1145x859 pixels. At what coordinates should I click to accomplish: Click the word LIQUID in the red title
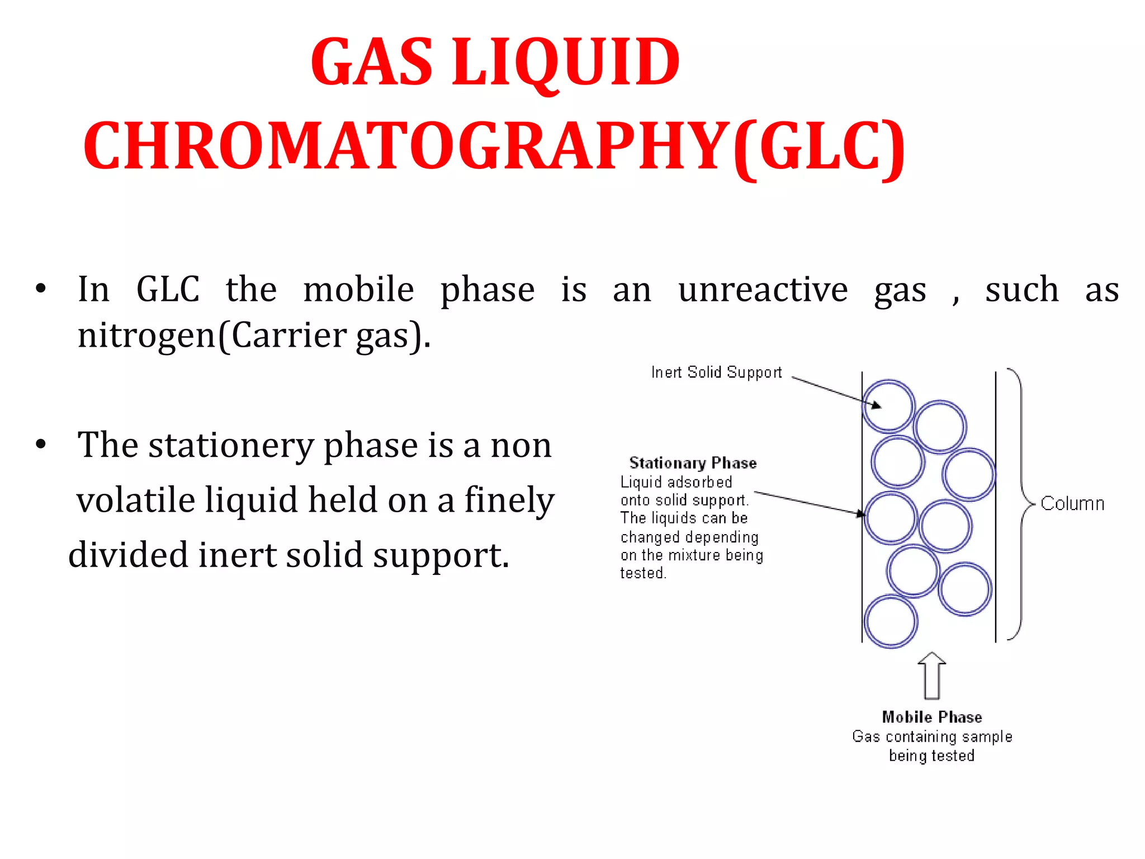click(x=566, y=63)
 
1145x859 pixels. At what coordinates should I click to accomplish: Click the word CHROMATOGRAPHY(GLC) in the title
click(x=494, y=147)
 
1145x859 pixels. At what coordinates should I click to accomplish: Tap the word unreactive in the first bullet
click(x=763, y=290)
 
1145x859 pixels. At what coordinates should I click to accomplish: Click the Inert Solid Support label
click(x=716, y=372)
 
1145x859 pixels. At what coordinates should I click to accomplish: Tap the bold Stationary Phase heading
click(x=693, y=463)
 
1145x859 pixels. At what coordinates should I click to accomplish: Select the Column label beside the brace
click(x=1072, y=504)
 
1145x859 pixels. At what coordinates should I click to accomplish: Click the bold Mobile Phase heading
click(x=932, y=717)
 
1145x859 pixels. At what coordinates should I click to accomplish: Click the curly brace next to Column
click(x=1020, y=503)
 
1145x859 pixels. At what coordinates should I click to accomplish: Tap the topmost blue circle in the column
click(x=888, y=406)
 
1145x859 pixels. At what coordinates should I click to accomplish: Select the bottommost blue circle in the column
click(x=891, y=621)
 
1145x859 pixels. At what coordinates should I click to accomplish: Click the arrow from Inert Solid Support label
click(x=836, y=392)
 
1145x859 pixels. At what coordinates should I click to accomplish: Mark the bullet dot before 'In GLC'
click(x=40, y=290)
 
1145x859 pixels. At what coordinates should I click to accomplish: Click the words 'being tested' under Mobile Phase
click(x=931, y=756)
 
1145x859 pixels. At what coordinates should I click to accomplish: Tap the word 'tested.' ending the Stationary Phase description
click(x=643, y=573)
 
